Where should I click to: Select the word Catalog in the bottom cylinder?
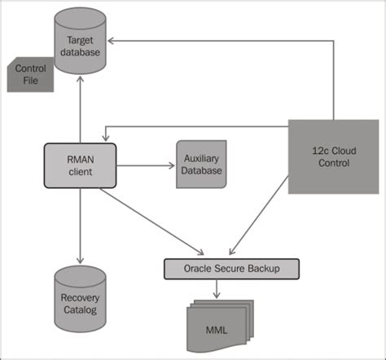[81, 310]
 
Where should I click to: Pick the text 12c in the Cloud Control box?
[313, 151]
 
